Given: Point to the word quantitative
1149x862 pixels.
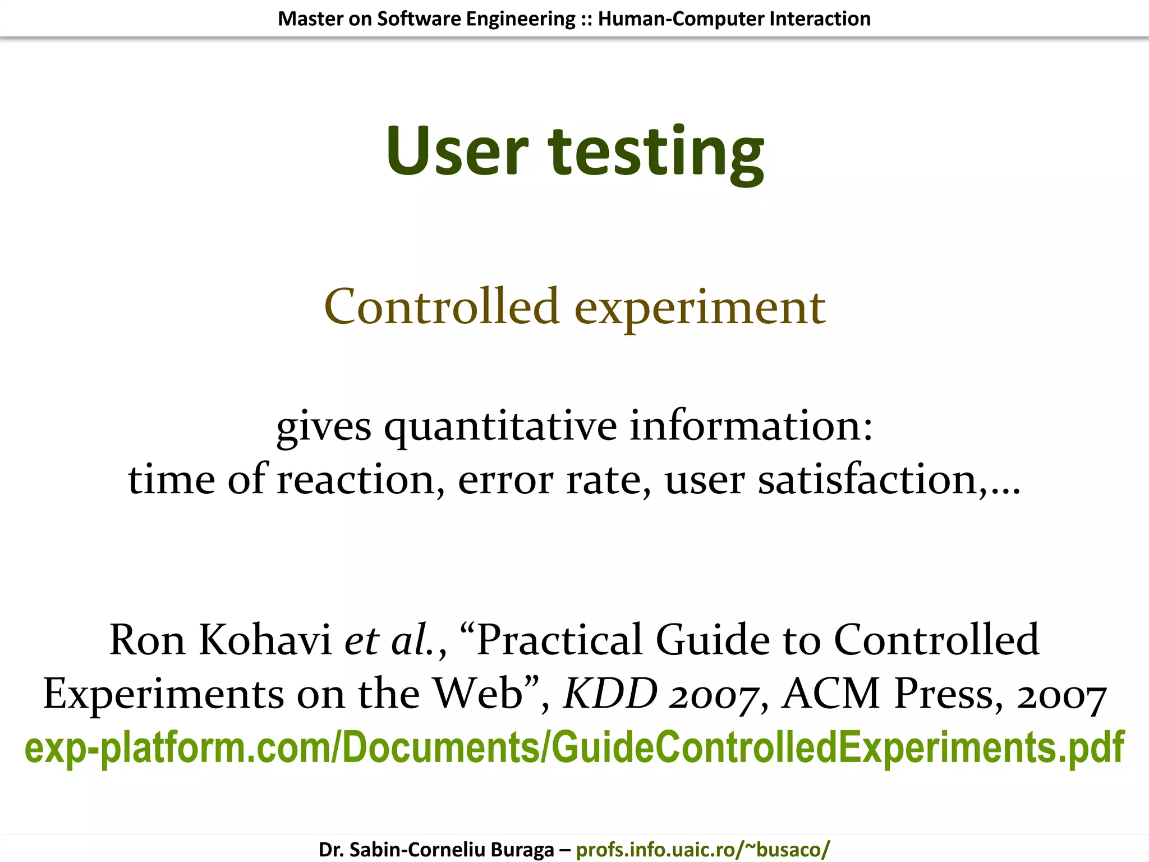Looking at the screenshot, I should point(500,427).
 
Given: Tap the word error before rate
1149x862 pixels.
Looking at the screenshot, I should point(505,480).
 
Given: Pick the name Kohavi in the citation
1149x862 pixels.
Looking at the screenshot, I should point(265,640).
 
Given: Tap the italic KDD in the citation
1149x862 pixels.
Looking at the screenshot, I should point(610,694).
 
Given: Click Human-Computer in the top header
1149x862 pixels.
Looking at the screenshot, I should point(681,19).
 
